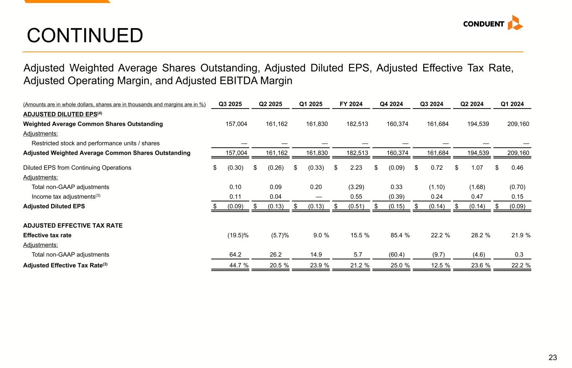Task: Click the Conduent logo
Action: [x=493, y=23]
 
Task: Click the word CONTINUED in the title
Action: [x=85, y=36]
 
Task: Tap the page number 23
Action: [x=553, y=358]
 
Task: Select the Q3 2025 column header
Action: [x=230, y=104]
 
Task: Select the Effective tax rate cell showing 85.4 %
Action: [x=400, y=235]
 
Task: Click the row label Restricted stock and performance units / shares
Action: [x=96, y=143]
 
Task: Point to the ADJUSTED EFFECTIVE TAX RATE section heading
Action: [x=73, y=225]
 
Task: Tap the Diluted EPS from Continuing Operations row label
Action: [x=77, y=168]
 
